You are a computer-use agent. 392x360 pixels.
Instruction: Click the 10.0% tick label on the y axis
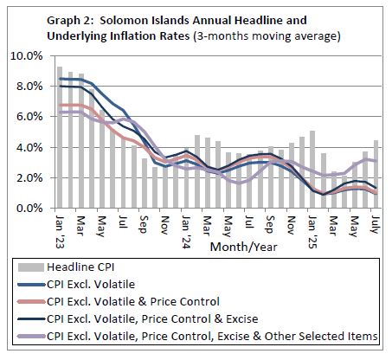(26, 55)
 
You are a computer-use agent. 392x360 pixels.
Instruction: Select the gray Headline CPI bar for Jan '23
(60, 138)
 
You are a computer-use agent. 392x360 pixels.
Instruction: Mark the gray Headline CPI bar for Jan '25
(312, 170)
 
